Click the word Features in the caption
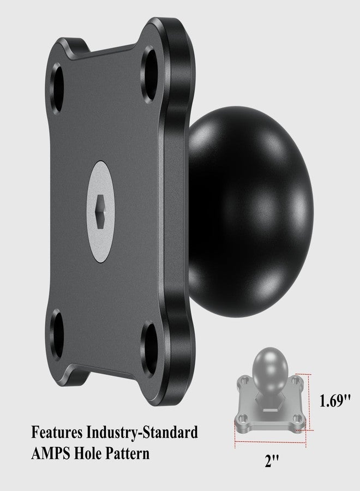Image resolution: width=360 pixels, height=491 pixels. coord(57,434)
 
